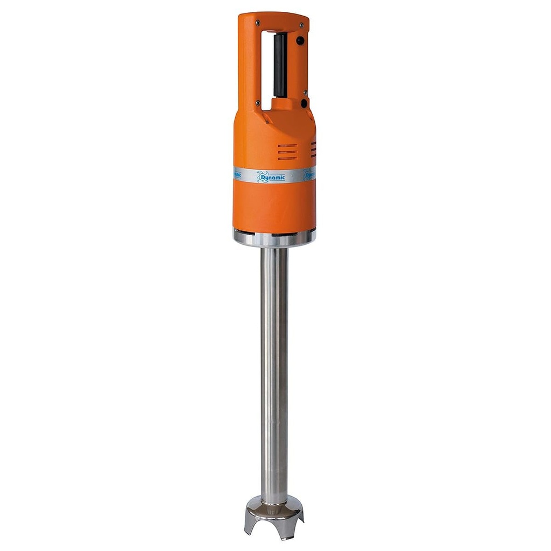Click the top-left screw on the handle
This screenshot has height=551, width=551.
[258, 23]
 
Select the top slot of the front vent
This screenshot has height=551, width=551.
[287, 146]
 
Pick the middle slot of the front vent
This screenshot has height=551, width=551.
[287, 152]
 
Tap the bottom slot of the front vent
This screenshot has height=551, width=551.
[287, 159]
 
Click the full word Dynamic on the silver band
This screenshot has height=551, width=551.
[274, 176]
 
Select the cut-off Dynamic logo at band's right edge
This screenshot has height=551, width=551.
[310, 175]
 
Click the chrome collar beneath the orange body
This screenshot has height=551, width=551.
[274, 238]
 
